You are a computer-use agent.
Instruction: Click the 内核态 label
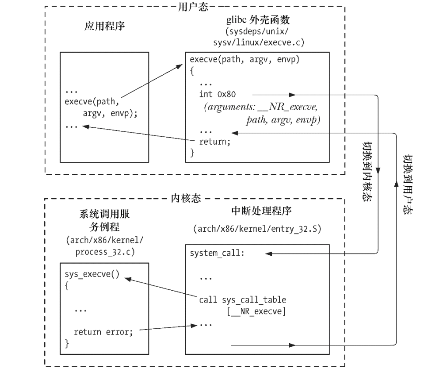tap(186, 199)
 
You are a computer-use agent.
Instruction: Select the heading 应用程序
tap(104, 26)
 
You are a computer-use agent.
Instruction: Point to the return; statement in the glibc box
tap(215, 142)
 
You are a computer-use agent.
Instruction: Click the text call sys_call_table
tap(243, 300)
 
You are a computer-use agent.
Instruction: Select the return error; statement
tap(103, 332)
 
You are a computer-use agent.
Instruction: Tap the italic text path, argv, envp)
tap(283, 120)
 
